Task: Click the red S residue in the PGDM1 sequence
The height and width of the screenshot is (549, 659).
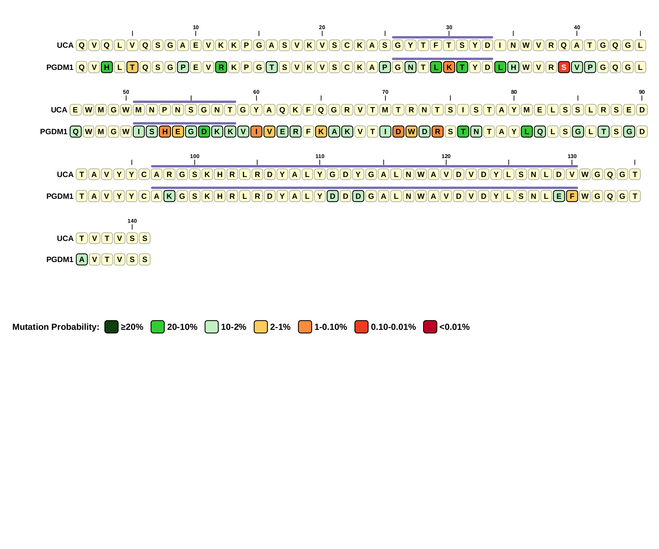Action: click(x=564, y=67)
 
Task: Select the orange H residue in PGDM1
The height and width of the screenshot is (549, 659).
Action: click(x=165, y=132)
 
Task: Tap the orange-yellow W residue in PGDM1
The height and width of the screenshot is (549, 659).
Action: click(x=411, y=132)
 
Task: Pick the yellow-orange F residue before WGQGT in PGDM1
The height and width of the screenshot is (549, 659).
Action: click(x=572, y=196)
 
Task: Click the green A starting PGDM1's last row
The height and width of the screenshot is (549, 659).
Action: click(x=82, y=260)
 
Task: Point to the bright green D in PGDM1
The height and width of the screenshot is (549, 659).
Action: click(x=204, y=132)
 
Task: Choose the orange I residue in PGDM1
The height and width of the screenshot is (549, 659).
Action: click(x=256, y=132)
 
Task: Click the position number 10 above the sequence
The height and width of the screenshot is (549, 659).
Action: click(x=196, y=27)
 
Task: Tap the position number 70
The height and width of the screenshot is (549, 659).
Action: click(x=385, y=92)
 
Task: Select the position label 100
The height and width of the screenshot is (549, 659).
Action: click(x=195, y=156)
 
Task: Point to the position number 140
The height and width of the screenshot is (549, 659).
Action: click(x=132, y=221)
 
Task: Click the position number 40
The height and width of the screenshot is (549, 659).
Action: click(x=577, y=27)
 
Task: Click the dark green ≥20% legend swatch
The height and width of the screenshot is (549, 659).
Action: click(x=111, y=327)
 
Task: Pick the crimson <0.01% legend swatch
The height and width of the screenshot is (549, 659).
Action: click(x=430, y=327)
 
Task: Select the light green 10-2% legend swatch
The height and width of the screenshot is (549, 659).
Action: click(x=211, y=327)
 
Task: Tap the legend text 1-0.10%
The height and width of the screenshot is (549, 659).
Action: click(x=330, y=327)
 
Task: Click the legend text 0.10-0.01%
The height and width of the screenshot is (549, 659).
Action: click(x=393, y=327)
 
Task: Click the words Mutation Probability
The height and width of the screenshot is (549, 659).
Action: click(x=56, y=327)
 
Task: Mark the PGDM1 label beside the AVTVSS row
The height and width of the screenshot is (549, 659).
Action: click(x=60, y=260)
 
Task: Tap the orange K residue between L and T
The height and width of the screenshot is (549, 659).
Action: click(x=449, y=67)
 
